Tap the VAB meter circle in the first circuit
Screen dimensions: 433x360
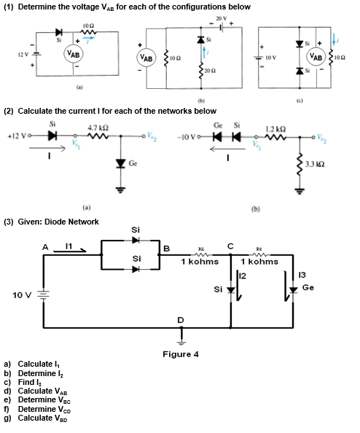tap(74, 54)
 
